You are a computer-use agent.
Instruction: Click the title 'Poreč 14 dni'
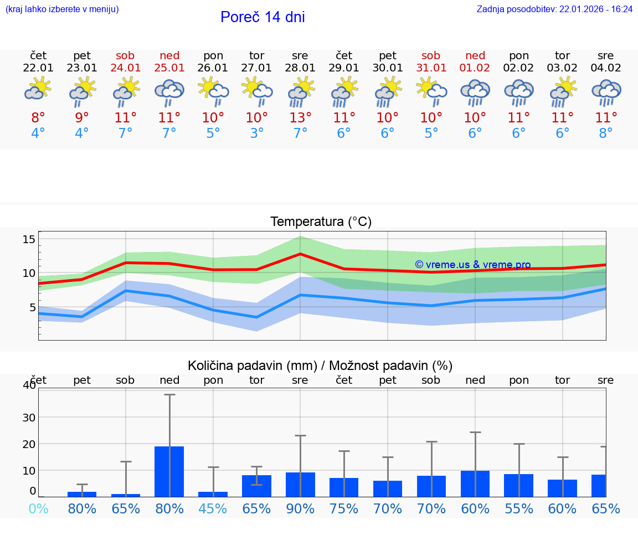263,17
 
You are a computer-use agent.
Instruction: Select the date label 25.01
169,68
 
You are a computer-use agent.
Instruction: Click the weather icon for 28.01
300,92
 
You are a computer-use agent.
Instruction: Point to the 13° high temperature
300,118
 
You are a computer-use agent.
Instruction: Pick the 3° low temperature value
256,133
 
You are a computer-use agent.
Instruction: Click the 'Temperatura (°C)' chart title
321,222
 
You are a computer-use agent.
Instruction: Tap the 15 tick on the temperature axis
29,239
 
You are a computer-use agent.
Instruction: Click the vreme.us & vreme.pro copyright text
472,265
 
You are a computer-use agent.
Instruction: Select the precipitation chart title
320,366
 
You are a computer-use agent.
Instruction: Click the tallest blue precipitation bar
169,471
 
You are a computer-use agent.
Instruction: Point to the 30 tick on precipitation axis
29,417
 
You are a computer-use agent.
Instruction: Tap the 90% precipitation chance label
300,508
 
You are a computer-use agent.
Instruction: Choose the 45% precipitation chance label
213,508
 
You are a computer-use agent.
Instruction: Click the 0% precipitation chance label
38,508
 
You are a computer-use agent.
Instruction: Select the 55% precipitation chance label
519,508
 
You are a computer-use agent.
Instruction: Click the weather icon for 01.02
475,92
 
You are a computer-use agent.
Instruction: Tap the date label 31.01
431,68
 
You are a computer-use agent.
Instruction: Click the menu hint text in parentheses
62,9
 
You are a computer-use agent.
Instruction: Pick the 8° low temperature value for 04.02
606,133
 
